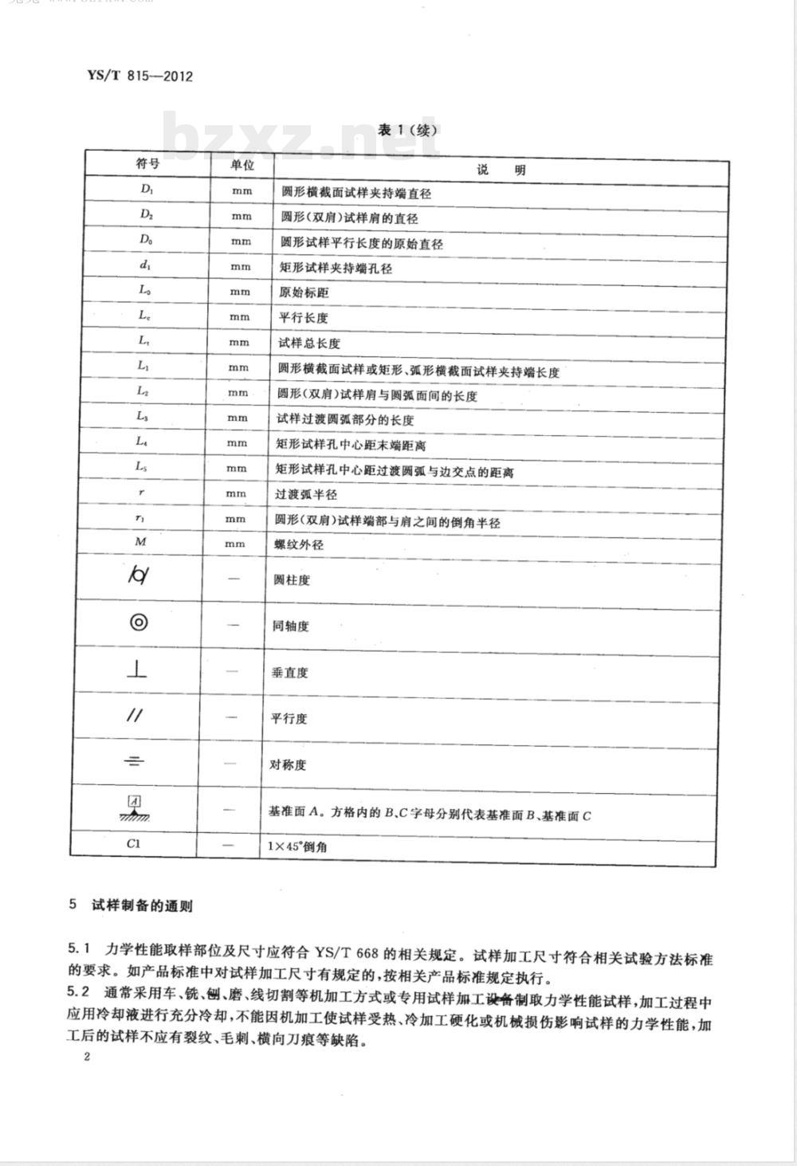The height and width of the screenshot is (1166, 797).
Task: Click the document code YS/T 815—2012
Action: (139, 77)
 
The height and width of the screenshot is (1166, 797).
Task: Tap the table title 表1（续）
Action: (408, 130)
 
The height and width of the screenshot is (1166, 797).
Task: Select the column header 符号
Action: (147, 163)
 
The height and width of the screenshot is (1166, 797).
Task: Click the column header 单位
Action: (242, 165)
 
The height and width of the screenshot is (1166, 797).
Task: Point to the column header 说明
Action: (501, 169)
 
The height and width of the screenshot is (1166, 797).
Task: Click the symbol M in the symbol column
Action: (141, 542)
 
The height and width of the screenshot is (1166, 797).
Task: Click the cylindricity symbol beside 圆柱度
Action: (138, 575)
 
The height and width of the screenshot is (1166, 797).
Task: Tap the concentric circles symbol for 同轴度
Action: (139, 622)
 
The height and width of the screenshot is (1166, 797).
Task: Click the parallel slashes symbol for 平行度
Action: (135, 715)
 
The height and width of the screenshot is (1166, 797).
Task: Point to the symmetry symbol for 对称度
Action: (135, 762)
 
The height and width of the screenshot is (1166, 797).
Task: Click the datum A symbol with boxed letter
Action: (135, 807)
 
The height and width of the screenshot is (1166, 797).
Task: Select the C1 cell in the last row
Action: (134, 842)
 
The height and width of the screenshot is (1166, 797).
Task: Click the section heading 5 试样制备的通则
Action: (131, 905)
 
